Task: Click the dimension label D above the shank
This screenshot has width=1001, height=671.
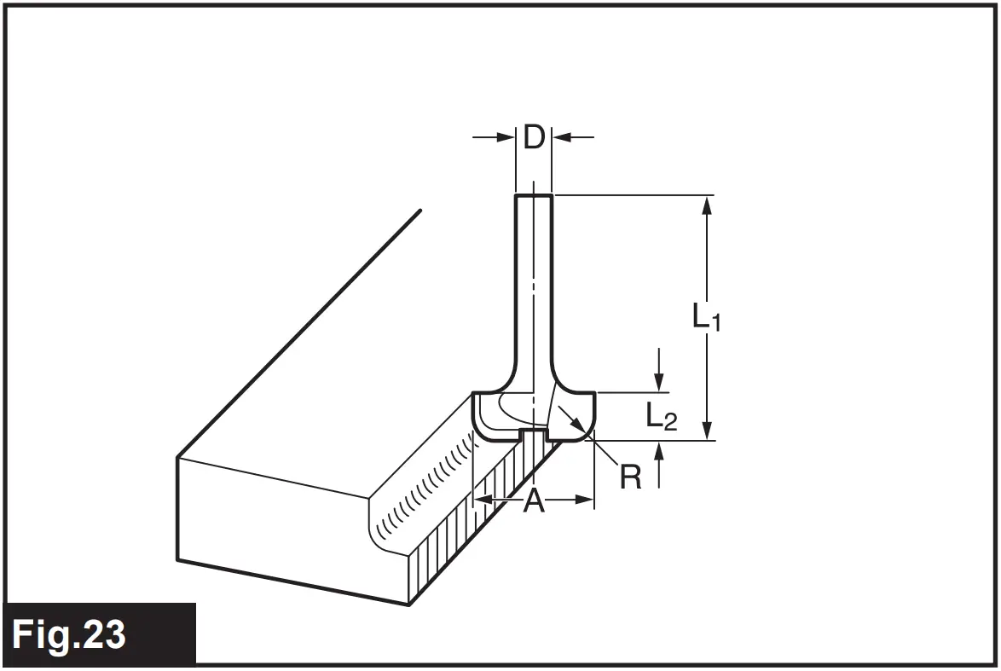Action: (x=534, y=136)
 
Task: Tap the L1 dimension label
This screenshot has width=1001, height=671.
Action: (x=706, y=317)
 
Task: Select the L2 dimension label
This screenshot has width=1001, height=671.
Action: (x=661, y=416)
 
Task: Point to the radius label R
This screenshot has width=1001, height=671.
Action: (x=630, y=477)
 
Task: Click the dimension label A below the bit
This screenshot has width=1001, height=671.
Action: (x=534, y=501)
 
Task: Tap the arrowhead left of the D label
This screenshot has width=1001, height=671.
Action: (x=508, y=136)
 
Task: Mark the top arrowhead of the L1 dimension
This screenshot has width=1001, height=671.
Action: (x=706, y=203)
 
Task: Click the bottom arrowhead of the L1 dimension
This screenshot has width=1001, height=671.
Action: (x=706, y=433)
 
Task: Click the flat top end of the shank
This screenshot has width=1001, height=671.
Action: (x=534, y=196)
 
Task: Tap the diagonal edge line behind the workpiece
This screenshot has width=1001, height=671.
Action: (x=298, y=333)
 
